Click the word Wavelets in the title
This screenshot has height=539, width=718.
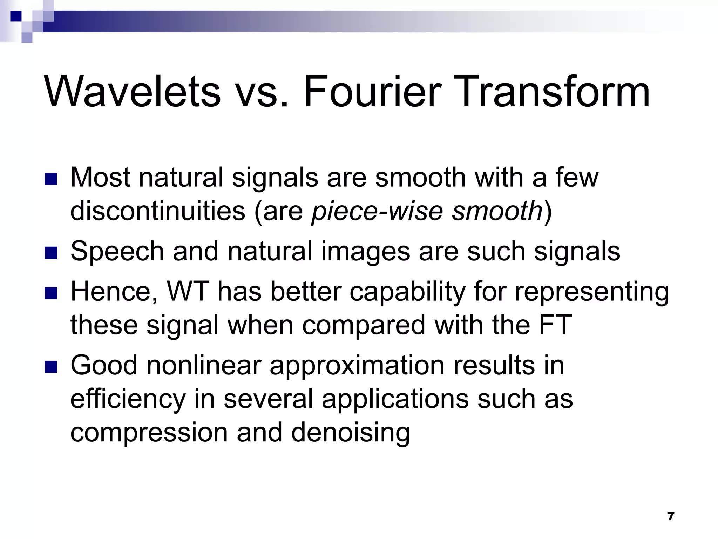(x=132, y=92)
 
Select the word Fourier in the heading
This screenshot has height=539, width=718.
(x=371, y=92)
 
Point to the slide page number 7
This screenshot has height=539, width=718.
(x=671, y=516)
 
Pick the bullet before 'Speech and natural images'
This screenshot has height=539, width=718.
(x=51, y=253)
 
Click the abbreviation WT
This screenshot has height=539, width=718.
(x=188, y=292)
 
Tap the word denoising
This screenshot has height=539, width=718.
(x=350, y=433)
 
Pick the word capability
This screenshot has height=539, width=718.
(x=407, y=292)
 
